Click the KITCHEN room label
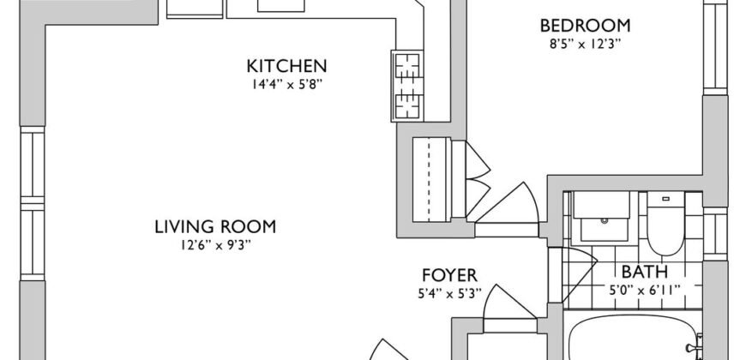(286, 66)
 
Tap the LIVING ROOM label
(215, 227)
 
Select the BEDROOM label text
(585, 26)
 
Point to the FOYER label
(449, 275)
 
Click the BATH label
(645, 272)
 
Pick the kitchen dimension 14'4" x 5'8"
(287, 85)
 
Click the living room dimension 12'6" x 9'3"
(215, 245)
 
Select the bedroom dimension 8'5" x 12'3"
(585, 45)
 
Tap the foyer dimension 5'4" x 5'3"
(449, 294)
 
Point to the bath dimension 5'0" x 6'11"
(645, 290)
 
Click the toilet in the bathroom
(665, 224)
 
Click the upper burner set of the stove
(407, 67)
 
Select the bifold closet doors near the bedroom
(478, 179)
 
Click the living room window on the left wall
(33, 203)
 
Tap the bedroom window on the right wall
(715, 47)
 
